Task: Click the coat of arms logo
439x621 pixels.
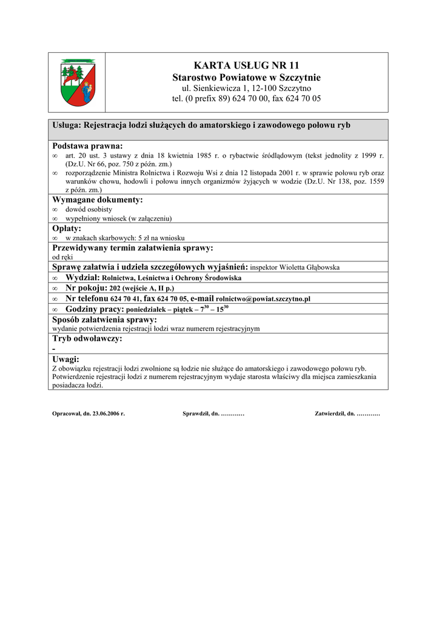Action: (x=78, y=82)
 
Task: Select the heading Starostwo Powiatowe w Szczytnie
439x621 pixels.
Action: (x=246, y=78)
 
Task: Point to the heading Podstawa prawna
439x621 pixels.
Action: (x=87, y=146)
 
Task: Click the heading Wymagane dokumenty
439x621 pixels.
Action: (x=98, y=200)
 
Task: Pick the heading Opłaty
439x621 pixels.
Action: (x=67, y=229)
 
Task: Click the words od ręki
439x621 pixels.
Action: (x=62, y=257)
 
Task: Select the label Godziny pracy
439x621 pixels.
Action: (x=95, y=309)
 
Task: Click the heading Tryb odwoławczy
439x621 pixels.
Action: (x=87, y=338)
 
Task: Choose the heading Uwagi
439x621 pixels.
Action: (x=66, y=359)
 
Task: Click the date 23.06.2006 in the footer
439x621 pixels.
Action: (x=108, y=414)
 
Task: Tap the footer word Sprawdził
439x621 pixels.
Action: (x=195, y=414)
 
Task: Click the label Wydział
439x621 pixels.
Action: (x=83, y=278)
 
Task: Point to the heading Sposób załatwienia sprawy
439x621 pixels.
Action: (x=104, y=320)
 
